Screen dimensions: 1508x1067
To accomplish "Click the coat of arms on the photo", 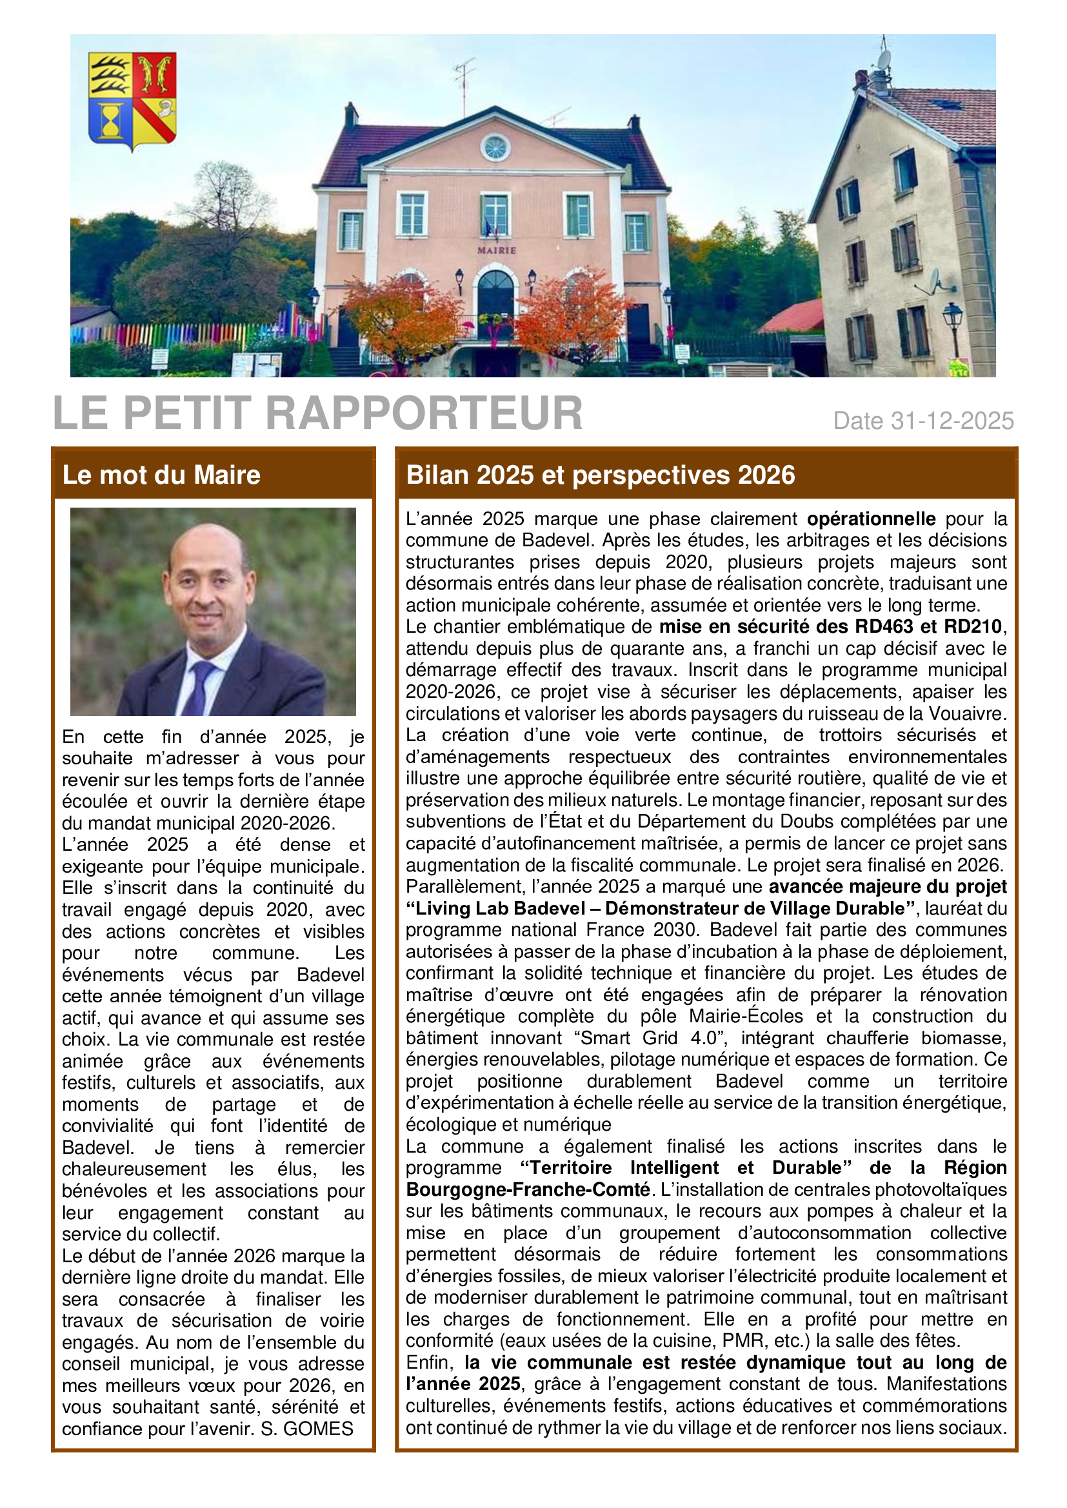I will point(132,100).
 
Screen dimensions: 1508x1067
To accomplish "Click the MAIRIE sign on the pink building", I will point(496,250).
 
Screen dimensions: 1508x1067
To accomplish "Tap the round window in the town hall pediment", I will point(495,147).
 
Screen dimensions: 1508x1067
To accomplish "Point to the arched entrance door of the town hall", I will point(495,299).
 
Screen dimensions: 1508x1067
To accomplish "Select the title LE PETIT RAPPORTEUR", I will point(317,413).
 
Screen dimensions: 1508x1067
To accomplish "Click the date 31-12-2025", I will point(952,421).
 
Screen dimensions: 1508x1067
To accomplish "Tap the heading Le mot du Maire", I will point(162,475).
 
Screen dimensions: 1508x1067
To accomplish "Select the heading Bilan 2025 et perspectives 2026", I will point(601,475).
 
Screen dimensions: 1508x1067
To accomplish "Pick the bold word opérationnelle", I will point(871,519).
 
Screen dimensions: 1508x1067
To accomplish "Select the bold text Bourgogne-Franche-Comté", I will point(528,1189).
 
